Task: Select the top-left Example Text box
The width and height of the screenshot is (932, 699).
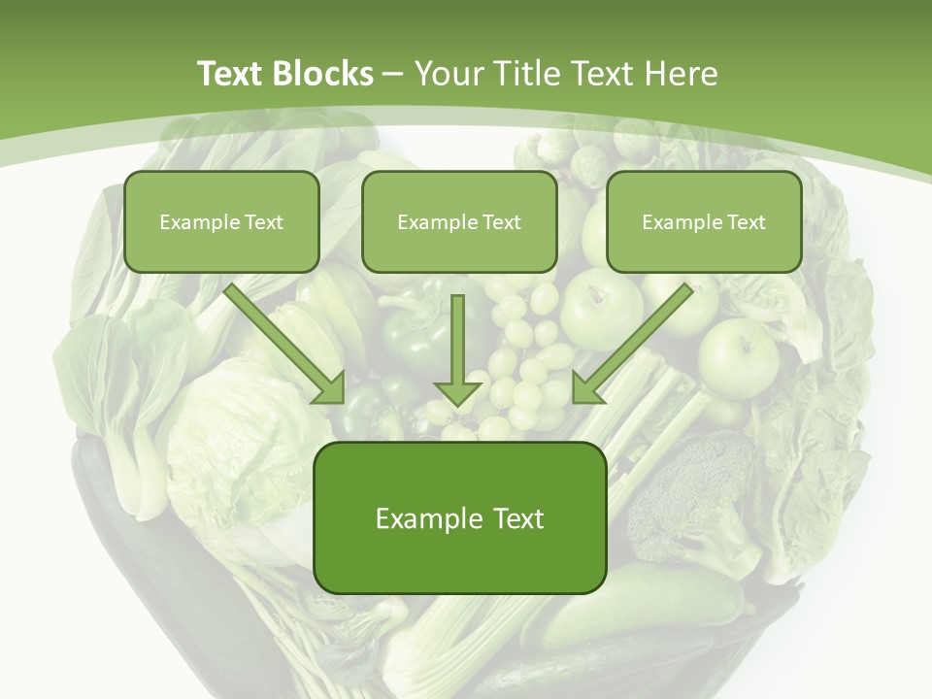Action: (x=221, y=221)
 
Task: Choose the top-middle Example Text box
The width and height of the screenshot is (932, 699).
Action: (x=459, y=221)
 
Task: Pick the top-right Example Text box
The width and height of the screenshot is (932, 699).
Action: (x=704, y=221)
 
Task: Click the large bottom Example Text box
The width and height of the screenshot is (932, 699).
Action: (x=459, y=517)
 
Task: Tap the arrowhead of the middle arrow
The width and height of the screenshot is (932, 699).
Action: (x=458, y=392)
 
